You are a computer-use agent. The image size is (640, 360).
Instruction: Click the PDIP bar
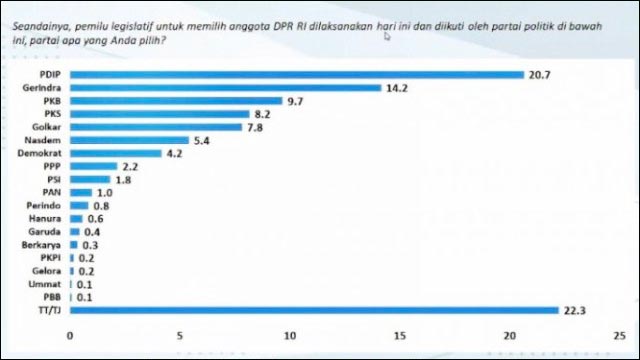pyautogui.click(x=296, y=75)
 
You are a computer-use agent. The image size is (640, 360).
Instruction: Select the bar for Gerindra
pyautogui.click(x=225, y=88)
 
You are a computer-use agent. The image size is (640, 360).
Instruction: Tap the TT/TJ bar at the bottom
pyautogui.click(x=314, y=310)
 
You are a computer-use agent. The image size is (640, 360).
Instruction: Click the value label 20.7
pyautogui.click(x=541, y=75)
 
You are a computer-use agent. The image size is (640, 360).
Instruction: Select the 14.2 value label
pyautogui.click(x=398, y=88)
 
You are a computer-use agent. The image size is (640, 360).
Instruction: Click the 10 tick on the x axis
pyautogui.click(x=290, y=334)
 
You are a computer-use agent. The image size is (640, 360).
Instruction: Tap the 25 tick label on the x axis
pyautogui.click(x=620, y=334)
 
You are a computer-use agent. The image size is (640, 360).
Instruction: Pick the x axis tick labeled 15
pyautogui.click(x=400, y=334)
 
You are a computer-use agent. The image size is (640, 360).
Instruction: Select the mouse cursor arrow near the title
pyautogui.click(x=386, y=36)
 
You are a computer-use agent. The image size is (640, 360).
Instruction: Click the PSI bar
pyautogui.click(x=90, y=179)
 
